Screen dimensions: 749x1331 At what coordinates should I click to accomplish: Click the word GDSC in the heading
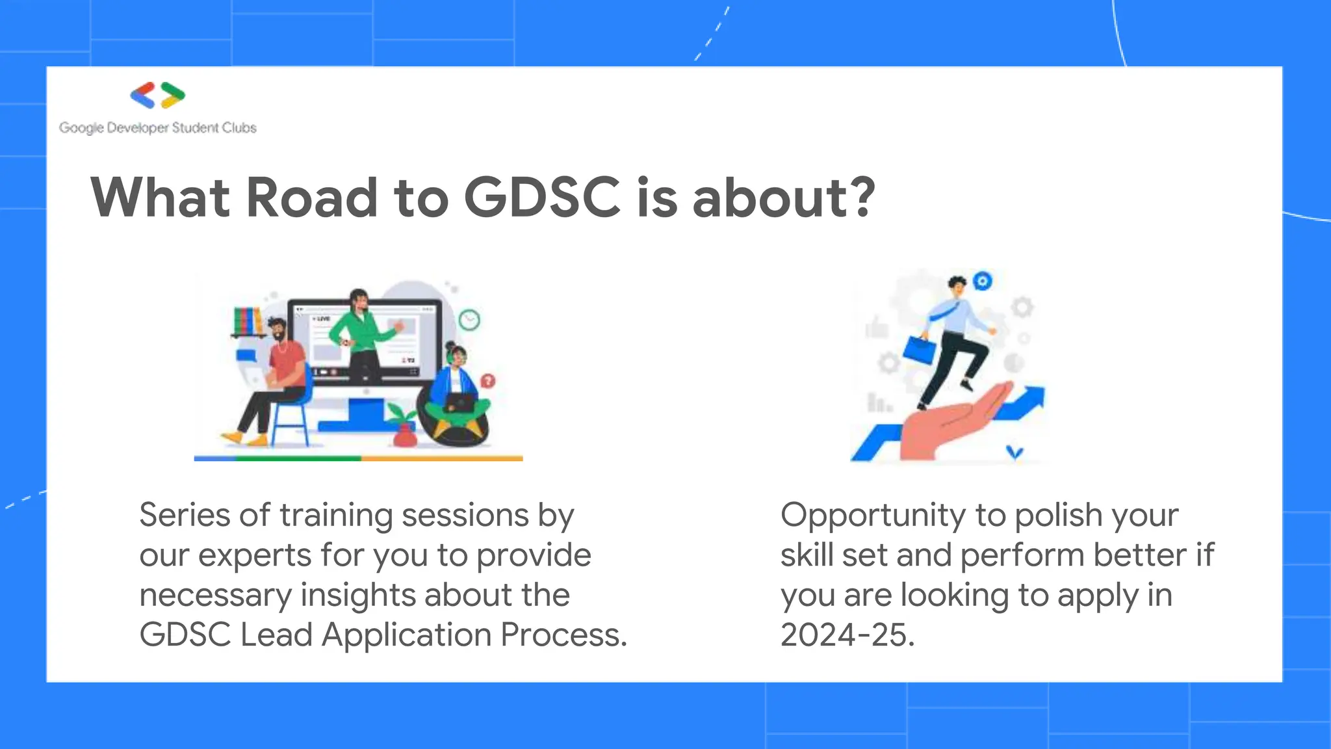542,198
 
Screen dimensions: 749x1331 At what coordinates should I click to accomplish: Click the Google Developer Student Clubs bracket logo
158,96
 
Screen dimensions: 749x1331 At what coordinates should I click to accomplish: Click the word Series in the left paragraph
185,516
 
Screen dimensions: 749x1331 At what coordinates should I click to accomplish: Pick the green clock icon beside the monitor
469,319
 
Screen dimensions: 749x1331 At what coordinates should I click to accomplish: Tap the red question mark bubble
487,381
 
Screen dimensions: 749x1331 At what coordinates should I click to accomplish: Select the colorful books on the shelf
248,320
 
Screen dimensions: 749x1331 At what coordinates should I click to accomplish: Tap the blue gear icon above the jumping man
983,281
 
